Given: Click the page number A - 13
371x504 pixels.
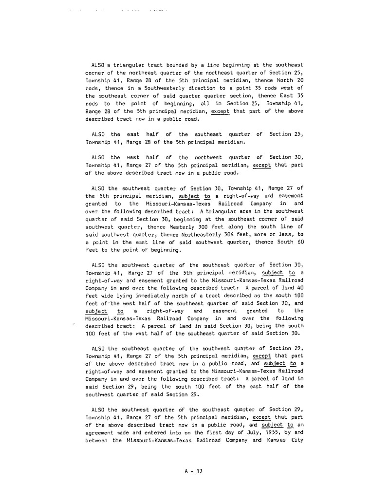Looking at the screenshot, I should coord(193,471).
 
